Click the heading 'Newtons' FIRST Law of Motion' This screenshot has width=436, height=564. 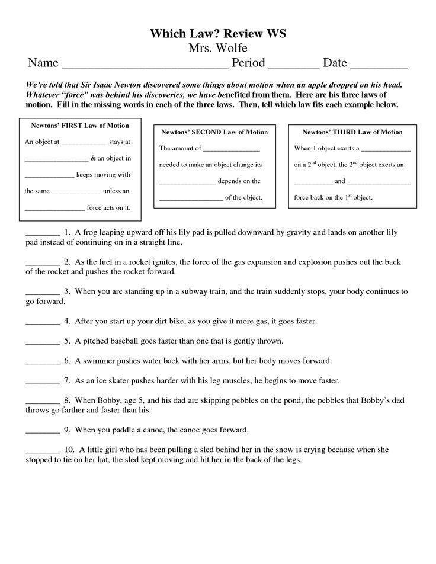point(75,126)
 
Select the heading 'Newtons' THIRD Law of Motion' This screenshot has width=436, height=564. point(352,132)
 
